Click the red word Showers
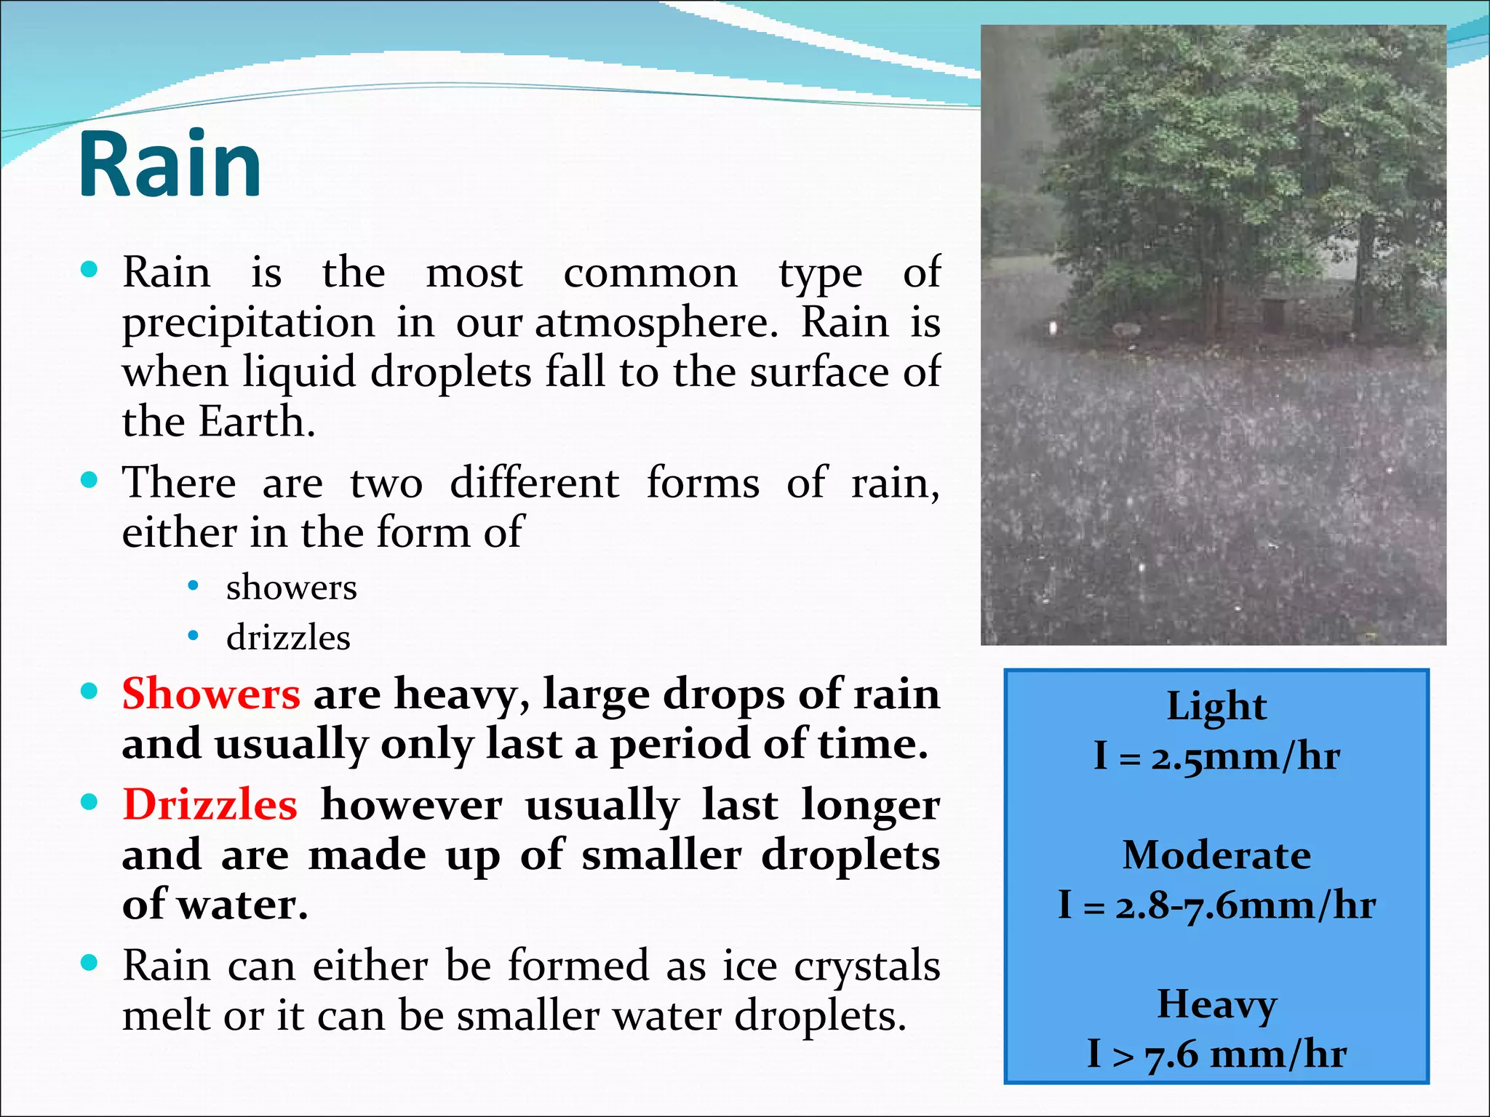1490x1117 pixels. click(211, 694)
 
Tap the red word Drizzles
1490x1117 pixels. click(210, 805)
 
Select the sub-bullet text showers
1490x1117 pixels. click(291, 588)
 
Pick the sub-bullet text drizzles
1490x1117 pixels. click(288, 638)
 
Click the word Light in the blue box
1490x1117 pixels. click(1216, 707)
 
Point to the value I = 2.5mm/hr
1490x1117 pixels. click(1216, 757)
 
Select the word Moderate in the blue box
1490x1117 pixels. click(1216, 855)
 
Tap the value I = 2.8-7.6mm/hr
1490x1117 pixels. click(1216, 906)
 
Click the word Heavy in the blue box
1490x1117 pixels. click(1216, 1005)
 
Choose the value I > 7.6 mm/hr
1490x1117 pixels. click(1216, 1054)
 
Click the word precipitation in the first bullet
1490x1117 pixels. click(248, 323)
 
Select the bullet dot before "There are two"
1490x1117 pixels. click(89, 481)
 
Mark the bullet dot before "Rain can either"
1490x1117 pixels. click(89, 964)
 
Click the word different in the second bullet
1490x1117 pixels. click(535, 483)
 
